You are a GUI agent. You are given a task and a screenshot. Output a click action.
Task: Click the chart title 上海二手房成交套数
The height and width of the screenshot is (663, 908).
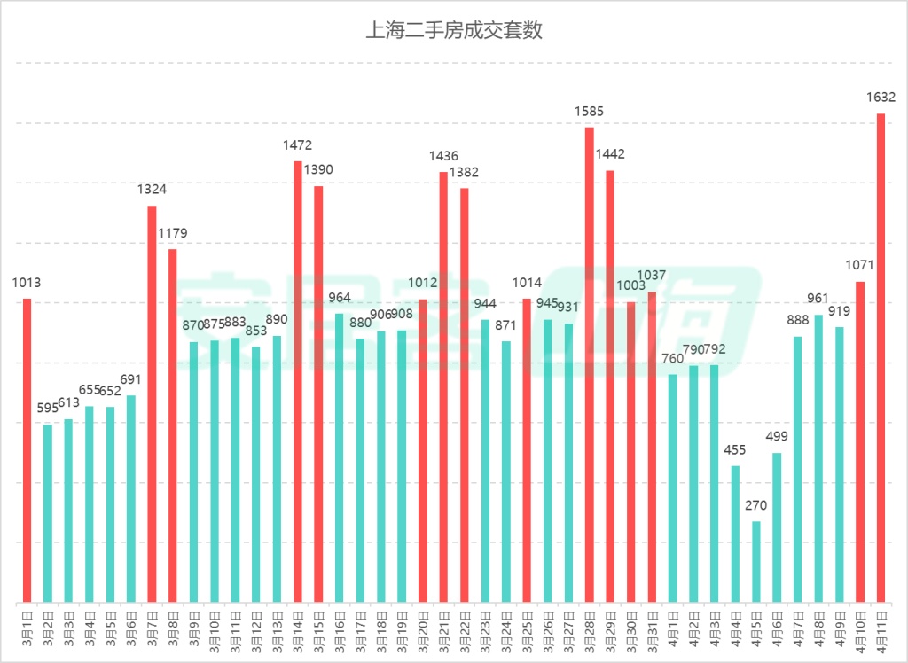tap(454, 31)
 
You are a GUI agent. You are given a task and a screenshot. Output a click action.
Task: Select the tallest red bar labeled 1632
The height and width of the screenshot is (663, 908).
tap(881, 355)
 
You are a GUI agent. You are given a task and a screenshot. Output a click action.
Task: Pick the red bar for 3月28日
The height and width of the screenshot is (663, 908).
tap(589, 363)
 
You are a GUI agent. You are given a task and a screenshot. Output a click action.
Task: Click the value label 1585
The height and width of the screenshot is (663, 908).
tap(589, 112)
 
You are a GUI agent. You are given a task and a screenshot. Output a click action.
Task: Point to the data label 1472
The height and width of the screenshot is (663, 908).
tap(298, 145)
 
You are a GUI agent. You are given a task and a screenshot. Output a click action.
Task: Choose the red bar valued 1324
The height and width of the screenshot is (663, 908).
tap(152, 403)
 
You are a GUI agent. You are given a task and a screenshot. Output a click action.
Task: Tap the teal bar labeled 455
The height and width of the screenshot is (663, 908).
tap(735, 532)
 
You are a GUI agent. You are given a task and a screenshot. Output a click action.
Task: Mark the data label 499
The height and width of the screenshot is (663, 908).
tap(777, 437)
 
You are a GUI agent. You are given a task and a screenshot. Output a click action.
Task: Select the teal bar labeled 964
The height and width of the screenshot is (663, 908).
tap(340, 456)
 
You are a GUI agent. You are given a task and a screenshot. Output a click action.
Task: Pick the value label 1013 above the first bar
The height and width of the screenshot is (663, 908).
tap(27, 283)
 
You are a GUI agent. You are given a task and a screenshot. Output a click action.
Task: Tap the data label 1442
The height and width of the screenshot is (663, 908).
tap(610, 154)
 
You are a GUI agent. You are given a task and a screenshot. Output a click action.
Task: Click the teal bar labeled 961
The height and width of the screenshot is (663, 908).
tap(818, 457)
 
